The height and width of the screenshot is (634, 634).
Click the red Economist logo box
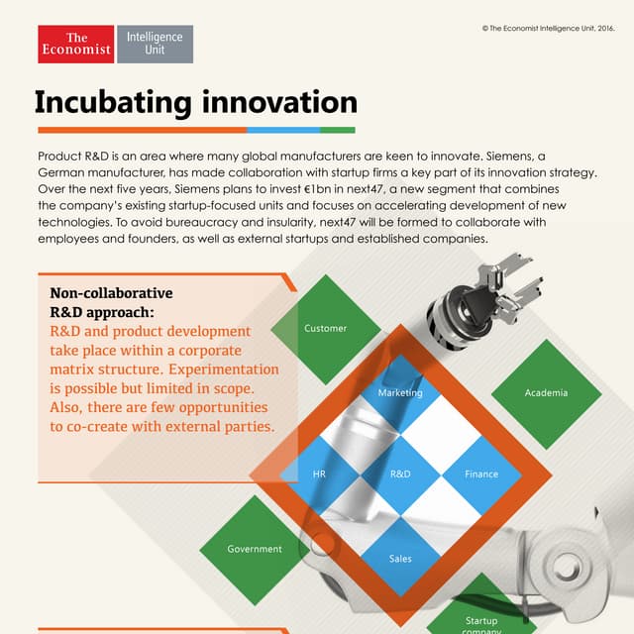tap(75, 45)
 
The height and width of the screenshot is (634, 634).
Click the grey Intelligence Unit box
tap(155, 45)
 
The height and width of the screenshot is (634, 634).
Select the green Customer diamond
tap(326, 328)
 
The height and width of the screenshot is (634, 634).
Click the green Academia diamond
tap(546, 392)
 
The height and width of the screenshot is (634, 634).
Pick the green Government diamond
tap(255, 549)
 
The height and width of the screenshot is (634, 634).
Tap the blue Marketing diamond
tap(400, 392)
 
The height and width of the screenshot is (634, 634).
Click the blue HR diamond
tap(319, 474)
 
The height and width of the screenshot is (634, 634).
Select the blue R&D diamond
tap(400, 474)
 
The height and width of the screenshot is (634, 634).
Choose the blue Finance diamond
tap(481, 474)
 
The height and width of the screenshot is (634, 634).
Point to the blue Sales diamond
tap(400, 558)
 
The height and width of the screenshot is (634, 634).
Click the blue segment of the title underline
tap(283, 130)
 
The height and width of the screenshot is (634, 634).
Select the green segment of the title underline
tap(338, 130)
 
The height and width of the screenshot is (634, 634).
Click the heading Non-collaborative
tap(111, 293)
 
